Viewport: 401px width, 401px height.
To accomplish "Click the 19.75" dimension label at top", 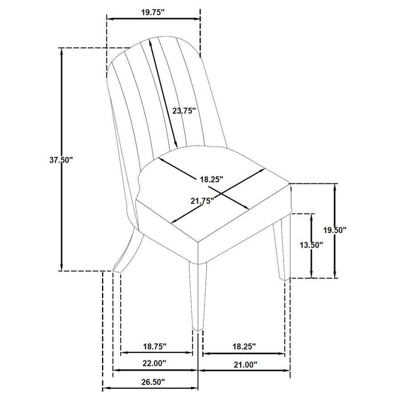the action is click(x=153, y=13).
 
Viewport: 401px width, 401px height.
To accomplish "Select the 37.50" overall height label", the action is click(x=61, y=160).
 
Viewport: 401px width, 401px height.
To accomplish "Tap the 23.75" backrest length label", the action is click(x=184, y=111).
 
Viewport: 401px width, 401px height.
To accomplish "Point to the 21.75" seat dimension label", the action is click(x=202, y=200).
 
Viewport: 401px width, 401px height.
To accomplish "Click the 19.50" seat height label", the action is click(x=335, y=230).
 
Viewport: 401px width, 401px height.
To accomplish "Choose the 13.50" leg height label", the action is click(x=311, y=245).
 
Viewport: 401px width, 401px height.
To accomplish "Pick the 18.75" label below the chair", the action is click(x=155, y=347).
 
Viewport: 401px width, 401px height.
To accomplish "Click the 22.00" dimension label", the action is click(x=154, y=363).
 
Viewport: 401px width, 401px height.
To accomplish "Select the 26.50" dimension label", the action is click(x=153, y=382).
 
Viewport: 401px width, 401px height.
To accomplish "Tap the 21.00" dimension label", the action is click(x=245, y=365).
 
